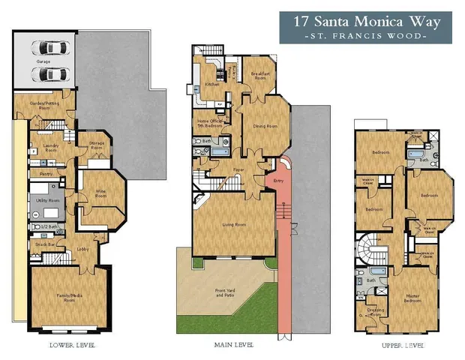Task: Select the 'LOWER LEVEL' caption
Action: pos(72,346)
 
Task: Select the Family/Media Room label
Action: pos(69,297)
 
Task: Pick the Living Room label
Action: pos(229,224)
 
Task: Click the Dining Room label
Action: pos(260,126)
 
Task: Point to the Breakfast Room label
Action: pos(260,74)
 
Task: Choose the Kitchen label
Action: pos(212,84)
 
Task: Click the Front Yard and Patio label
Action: pos(226,294)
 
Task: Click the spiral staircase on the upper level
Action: pos(368,251)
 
